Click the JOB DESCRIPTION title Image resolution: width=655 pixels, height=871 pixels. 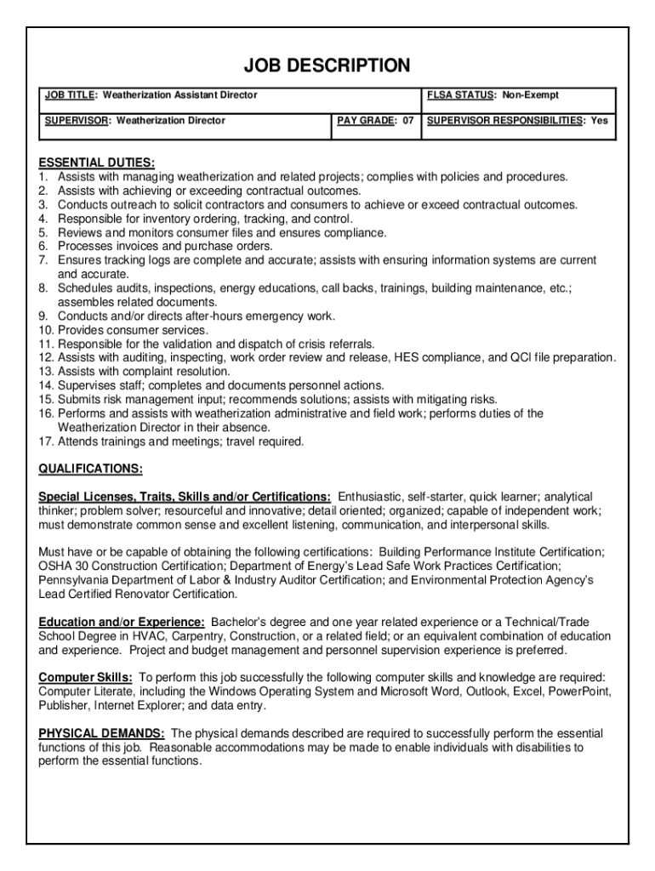click(327, 65)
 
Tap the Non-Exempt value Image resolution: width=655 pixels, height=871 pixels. click(530, 95)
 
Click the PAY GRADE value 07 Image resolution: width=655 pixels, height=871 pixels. click(408, 121)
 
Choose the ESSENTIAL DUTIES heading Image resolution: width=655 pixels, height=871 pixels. click(96, 162)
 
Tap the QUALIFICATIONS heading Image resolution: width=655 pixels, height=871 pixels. click(91, 470)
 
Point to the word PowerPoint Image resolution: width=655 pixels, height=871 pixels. click(578, 692)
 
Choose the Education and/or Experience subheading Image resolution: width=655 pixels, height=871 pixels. click(121, 623)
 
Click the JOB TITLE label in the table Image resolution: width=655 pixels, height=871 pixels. click(70, 95)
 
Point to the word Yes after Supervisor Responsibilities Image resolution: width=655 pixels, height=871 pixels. click(600, 121)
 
